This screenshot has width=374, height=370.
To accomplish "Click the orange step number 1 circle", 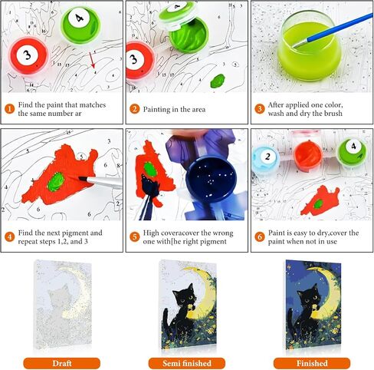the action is pyautogui.click(x=9, y=109).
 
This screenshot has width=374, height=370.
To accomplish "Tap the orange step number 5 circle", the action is pyautogui.click(x=134, y=237).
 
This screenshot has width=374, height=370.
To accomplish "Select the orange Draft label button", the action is pyautogui.click(x=62, y=363).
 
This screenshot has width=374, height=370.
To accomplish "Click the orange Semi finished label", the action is pyautogui.click(x=187, y=363).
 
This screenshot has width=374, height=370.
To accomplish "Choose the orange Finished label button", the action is pyautogui.click(x=312, y=363).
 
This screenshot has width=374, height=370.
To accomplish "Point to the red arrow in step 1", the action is pyautogui.click(x=92, y=60).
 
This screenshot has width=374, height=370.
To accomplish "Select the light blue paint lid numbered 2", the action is pyautogui.click(x=266, y=157).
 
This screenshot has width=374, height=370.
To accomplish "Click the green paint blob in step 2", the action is pyautogui.click(x=218, y=81).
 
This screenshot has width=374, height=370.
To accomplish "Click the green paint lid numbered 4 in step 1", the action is pyautogui.click(x=80, y=25).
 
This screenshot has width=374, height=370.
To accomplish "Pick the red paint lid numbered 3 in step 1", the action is pyautogui.click(x=28, y=56).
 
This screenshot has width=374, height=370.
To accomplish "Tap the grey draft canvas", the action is pyautogui.click(x=63, y=305).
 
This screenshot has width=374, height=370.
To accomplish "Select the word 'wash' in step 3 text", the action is pyautogui.click(x=276, y=114).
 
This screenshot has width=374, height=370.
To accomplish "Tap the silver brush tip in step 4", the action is pyautogui.click(x=84, y=179).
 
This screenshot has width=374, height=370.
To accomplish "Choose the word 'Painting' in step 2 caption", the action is pyautogui.click(x=156, y=110).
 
